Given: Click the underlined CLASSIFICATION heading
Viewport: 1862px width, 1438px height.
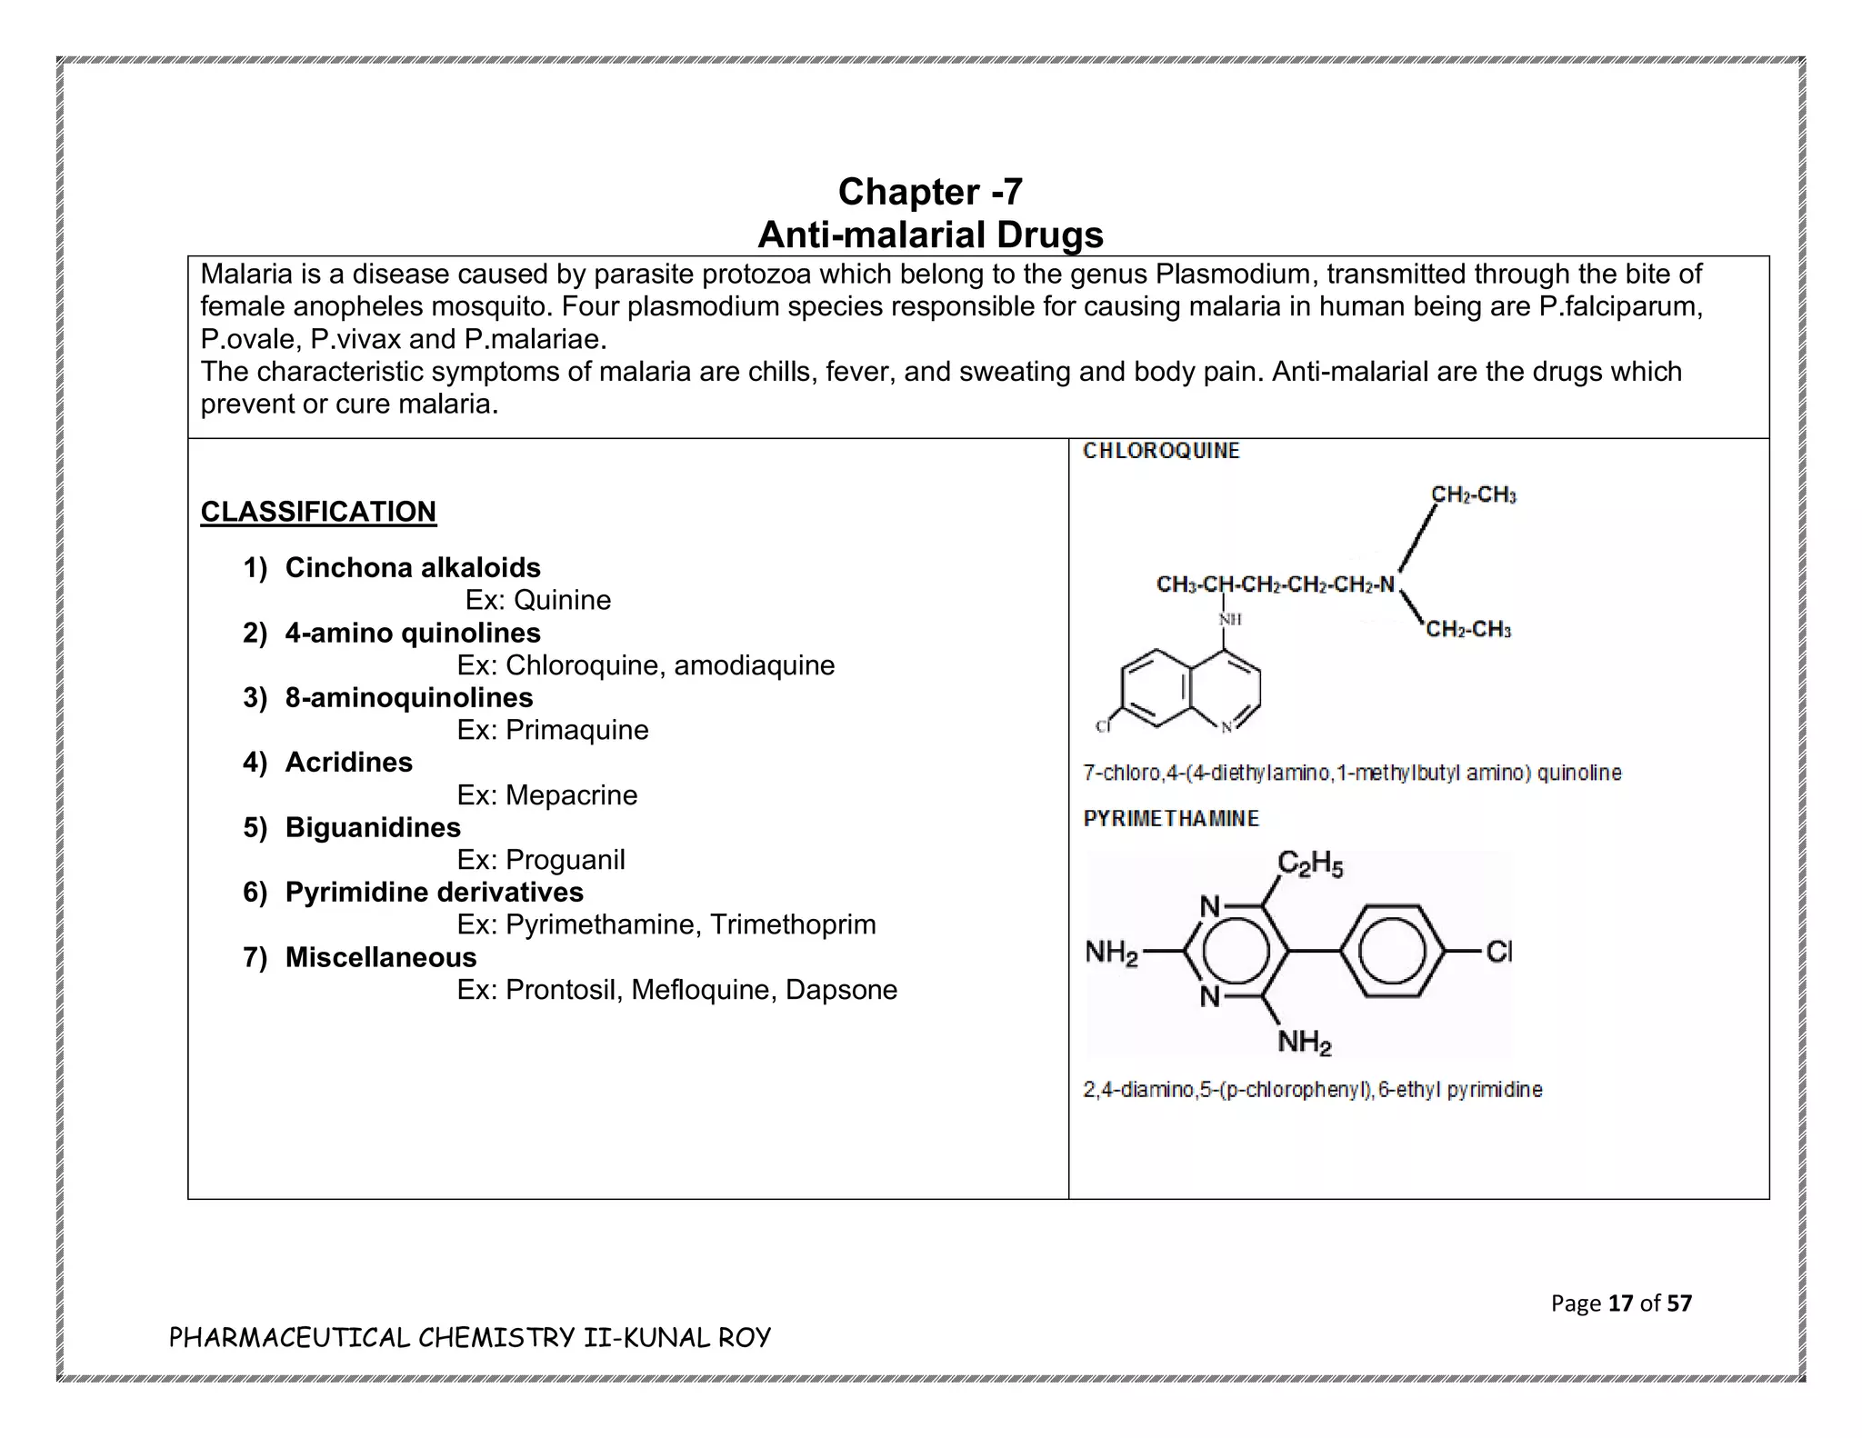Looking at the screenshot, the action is tap(318, 512).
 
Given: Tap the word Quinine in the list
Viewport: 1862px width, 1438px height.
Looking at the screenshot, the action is tap(562, 600).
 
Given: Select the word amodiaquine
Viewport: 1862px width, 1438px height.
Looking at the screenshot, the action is tap(754, 665).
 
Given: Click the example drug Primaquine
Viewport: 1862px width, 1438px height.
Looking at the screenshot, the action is tap(576, 730).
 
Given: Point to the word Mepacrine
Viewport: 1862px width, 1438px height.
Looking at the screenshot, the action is tap(571, 795).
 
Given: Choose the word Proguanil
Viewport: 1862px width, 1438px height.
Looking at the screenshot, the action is tap(565, 860).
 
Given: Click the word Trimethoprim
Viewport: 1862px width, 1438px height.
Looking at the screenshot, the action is tap(793, 924).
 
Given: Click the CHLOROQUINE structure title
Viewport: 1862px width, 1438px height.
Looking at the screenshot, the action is tap(1161, 452).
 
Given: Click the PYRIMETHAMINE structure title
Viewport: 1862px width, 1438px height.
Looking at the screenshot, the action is tap(1171, 819).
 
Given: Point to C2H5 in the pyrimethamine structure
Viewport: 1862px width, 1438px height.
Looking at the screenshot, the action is tap(1309, 864).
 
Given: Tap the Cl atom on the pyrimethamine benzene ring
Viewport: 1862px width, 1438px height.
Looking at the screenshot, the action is tap(1498, 952).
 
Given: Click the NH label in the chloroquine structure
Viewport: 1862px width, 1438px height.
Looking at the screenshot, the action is tap(1229, 619).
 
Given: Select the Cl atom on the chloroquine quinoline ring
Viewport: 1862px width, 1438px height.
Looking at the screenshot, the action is tap(1103, 726).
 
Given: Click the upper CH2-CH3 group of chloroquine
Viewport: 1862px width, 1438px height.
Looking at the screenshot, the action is tap(1473, 495).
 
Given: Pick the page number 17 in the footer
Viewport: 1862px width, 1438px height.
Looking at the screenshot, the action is tap(1620, 1303).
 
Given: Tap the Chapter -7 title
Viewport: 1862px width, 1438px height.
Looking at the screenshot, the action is tap(930, 192).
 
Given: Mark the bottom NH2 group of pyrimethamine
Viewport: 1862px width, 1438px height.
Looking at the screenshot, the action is tap(1304, 1042).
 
